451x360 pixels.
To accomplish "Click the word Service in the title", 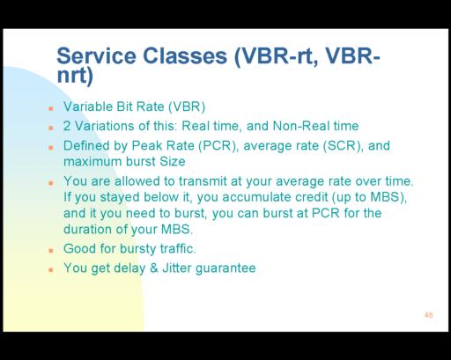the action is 96,55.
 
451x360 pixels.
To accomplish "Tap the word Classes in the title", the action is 185,55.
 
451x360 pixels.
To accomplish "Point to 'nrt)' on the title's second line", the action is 75,76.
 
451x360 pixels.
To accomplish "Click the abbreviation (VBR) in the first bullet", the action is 187,107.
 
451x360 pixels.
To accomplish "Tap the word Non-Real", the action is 301,126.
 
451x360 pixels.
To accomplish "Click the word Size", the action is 173,162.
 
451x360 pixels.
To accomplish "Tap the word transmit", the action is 203,181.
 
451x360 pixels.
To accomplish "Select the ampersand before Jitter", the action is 154,268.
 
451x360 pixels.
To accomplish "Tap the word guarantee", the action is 225,268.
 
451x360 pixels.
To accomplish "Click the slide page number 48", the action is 428,315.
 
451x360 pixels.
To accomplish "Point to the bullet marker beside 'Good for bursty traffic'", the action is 51,250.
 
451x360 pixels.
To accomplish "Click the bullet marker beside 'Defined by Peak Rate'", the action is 51,148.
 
